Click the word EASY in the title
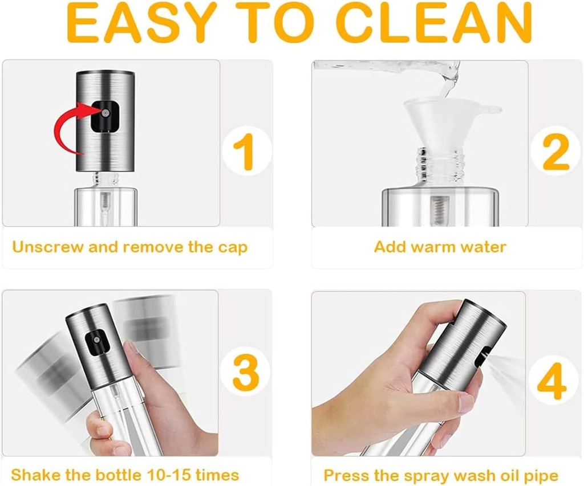click(x=142, y=23)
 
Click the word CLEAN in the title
click(x=436, y=23)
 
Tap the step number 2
click(x=556, y=152)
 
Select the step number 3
click(x=246, y=372)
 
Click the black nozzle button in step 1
click(x=105, y=116)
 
